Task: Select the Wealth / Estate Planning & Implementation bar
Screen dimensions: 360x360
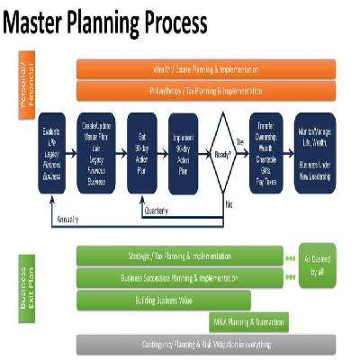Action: click(206, 68)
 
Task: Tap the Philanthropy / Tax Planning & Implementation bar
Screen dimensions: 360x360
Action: click(206, 91)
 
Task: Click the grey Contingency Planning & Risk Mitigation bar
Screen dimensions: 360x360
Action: click(206, 344)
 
